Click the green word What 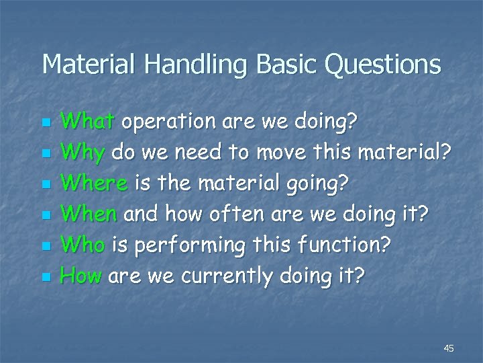pos(89,122)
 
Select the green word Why pos(83,153)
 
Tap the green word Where pos(93,183)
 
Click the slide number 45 pos(449,348)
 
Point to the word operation pos(166,122)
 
